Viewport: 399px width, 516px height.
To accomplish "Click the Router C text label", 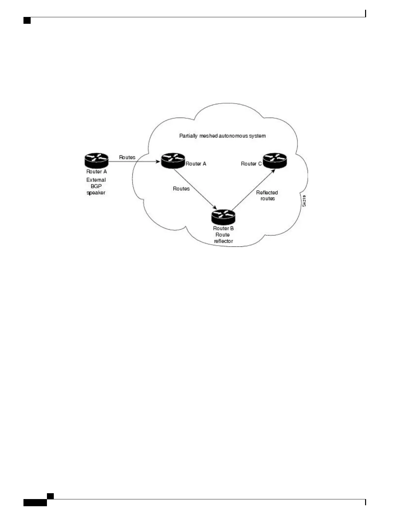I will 251,164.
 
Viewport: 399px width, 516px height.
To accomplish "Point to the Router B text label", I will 223,228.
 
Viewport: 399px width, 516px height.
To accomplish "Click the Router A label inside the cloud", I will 196,164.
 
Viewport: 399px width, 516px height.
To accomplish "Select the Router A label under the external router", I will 96,172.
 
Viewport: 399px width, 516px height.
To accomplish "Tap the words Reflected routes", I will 267,195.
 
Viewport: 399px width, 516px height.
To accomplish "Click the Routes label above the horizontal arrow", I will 127,157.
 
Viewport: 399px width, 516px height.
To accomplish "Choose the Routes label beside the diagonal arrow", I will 181,189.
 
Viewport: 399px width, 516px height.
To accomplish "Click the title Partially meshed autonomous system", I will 222,136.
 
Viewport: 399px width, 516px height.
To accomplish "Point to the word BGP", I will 96,186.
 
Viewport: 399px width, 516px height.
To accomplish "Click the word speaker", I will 96,193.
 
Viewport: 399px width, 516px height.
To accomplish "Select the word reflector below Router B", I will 223,241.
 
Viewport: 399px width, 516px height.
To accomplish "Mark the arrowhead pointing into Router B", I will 214,208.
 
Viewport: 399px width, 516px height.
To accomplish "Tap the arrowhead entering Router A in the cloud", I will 158,161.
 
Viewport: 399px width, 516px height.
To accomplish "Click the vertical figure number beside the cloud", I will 304,201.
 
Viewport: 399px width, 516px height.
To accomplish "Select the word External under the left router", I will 96,180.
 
